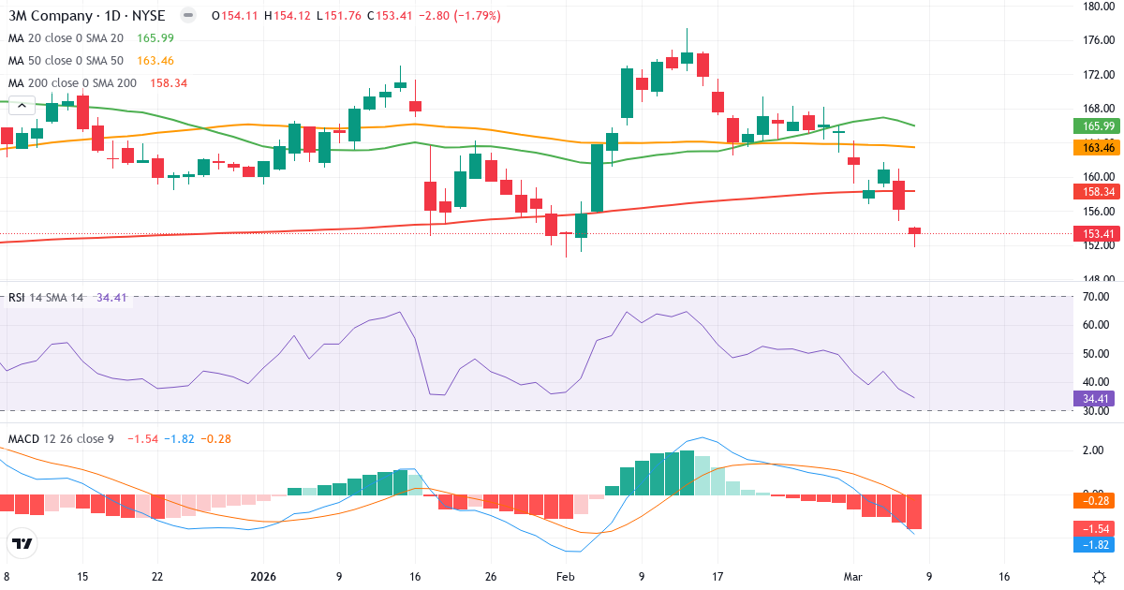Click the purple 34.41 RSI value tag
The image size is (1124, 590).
[x=1090, y=398]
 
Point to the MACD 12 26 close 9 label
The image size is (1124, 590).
[x=61, y=438]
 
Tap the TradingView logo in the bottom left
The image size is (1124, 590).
[x=22, y=543]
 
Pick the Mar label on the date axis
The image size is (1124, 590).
[x=852, y=577]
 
